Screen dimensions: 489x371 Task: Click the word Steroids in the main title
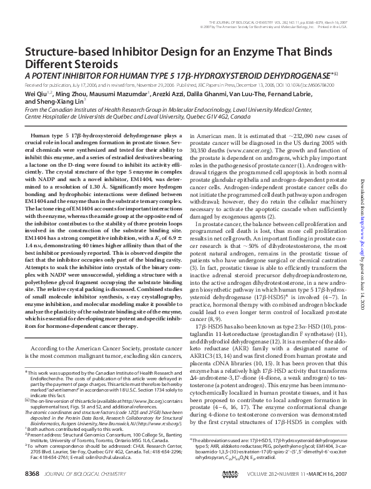tap(91, 64)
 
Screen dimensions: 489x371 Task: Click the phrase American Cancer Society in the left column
tap(98, 347)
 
